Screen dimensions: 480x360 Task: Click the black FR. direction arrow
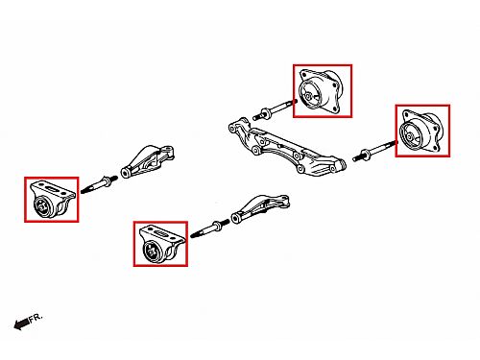[21, 324]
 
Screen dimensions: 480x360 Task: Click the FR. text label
[36, 318]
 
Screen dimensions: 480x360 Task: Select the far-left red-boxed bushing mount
[52, 200]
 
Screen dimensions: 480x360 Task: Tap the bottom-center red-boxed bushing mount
[160, 244]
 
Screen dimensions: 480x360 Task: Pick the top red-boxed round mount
[323, 91]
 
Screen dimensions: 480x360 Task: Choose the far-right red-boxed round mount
[422, 131]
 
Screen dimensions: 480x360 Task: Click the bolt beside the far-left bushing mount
[99, 185]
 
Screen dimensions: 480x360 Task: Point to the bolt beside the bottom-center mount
[209, 229]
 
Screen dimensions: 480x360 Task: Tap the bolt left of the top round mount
[275, 109]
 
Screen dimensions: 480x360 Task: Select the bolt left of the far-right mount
[375, 151]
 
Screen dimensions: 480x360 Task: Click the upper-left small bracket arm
[148, 161]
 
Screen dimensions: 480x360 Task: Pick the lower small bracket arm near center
[260, 208]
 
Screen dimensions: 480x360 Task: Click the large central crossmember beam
[286, 147]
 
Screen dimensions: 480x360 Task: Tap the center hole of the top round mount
[308, 96]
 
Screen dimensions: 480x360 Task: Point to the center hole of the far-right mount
[409, 136]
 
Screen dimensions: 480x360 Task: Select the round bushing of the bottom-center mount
[152, 252]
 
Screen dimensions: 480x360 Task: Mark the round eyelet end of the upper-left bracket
[125, 173]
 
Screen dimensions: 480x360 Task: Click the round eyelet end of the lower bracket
[236, 219]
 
